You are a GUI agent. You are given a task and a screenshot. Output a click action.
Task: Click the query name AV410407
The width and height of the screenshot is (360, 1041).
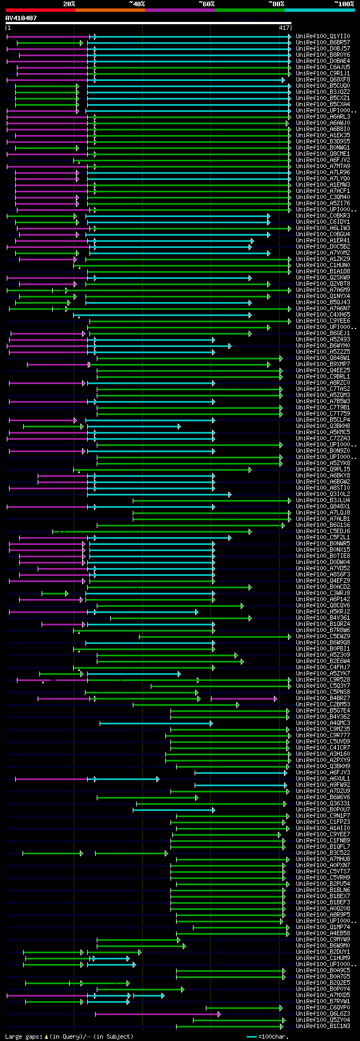21,18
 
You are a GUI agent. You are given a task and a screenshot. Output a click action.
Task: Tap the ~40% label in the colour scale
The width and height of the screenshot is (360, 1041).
137,4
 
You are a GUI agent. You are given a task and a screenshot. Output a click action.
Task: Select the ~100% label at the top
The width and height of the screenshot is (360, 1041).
343,4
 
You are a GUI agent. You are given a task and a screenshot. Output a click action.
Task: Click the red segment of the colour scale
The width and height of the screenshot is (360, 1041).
40,10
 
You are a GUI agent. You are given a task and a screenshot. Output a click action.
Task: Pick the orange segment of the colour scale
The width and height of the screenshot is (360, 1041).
110,10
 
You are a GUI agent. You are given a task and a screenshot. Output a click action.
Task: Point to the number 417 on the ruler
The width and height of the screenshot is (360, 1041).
284,28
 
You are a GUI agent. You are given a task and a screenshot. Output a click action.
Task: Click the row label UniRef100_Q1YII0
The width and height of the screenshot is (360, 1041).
323,37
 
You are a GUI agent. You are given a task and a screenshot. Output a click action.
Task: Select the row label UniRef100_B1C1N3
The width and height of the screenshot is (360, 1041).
323,1026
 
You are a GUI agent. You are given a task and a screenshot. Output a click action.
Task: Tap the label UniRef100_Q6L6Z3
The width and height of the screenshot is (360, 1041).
323,1014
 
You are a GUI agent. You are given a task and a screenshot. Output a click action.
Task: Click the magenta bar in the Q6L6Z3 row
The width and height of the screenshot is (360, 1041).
157,1014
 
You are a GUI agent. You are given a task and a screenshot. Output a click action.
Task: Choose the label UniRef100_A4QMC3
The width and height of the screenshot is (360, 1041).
323,723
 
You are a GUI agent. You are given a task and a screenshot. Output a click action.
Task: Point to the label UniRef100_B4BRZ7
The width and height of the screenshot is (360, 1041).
323,698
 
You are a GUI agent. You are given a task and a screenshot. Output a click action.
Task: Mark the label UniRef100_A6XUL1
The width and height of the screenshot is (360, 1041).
323,779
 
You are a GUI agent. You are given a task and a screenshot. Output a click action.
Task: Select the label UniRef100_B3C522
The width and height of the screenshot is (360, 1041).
323,853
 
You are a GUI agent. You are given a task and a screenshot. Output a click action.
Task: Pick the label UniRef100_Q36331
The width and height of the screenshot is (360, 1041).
323,804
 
